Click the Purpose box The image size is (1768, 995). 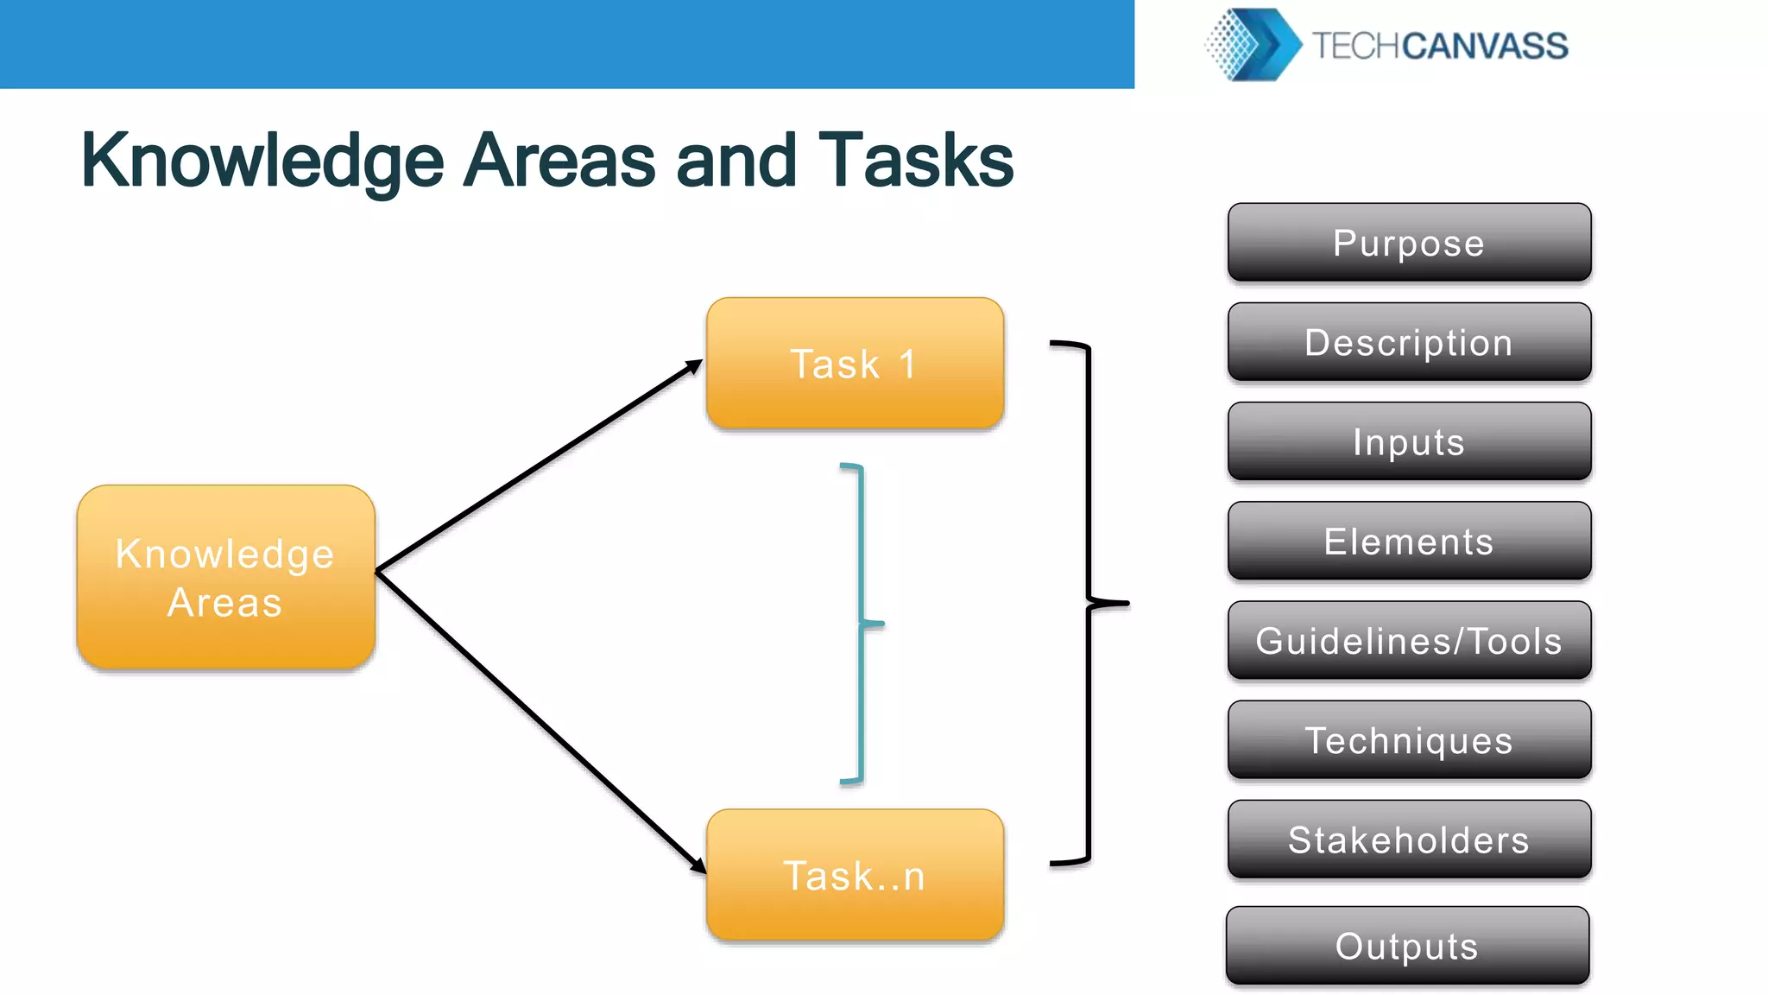[1409, 243]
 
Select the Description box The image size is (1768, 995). [1409, 342]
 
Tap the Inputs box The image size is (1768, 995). [1409, 441]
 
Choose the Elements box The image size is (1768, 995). [1409, 541]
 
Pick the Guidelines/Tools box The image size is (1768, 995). [1409, 640]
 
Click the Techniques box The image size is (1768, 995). [1409, 739]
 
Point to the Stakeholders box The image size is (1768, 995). [1409, 839]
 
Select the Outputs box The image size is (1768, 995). [1407, 945]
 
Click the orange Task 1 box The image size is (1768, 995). [855, 363]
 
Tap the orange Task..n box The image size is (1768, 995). [855, 875]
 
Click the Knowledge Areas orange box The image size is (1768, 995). [225, 577]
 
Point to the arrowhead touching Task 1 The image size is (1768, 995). [694, 366]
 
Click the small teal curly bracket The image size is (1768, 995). [862, 622]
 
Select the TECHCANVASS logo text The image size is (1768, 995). [1440, 46]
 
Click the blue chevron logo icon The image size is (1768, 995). [1254, 44]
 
